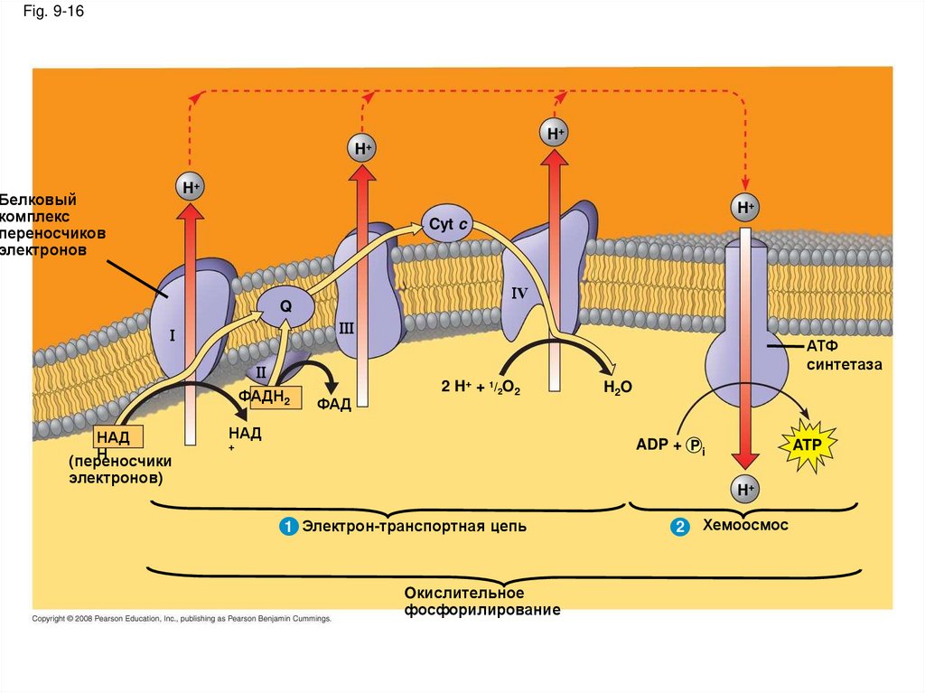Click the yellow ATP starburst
click(x=808, y=445)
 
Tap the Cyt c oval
click(x=447, y=223)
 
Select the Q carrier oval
click(x=285, y=306)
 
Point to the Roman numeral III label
click(x=346, y=328)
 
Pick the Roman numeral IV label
click(x=519, y=294)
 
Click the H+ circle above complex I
click(x=190, y=187)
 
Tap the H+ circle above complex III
click(x=363, y=147)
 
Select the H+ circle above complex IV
click(x=555, y=134)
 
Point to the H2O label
click(x=617, y=387)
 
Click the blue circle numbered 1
click(x=289, y=527)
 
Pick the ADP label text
click(x=651, y=445)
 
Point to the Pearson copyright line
click(x=182, y=619)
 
